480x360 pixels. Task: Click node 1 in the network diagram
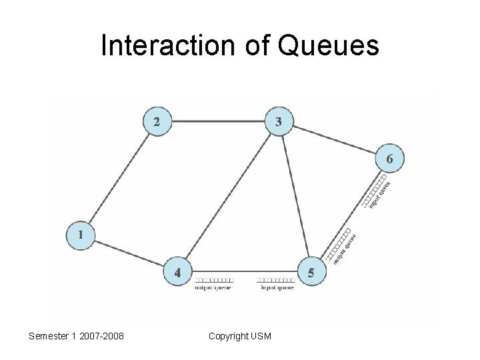tap(80, 236)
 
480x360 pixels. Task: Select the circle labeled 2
tap(157, 122)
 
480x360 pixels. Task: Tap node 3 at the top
tap(278, 122)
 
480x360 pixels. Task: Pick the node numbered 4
tap(177, 272)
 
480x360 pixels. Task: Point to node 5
tap(311, 272)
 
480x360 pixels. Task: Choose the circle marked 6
tap(389, 159)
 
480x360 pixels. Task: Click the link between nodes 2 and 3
tap(217, 122)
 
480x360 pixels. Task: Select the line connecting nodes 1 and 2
tap(119, 179)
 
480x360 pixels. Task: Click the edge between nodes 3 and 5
tap(294, 197)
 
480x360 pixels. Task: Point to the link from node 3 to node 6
tap(333, 140)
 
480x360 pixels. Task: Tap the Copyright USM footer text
tap(240, 336)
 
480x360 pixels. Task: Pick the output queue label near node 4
tap(213, 288)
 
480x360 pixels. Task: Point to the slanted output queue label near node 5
tap(345, 249)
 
